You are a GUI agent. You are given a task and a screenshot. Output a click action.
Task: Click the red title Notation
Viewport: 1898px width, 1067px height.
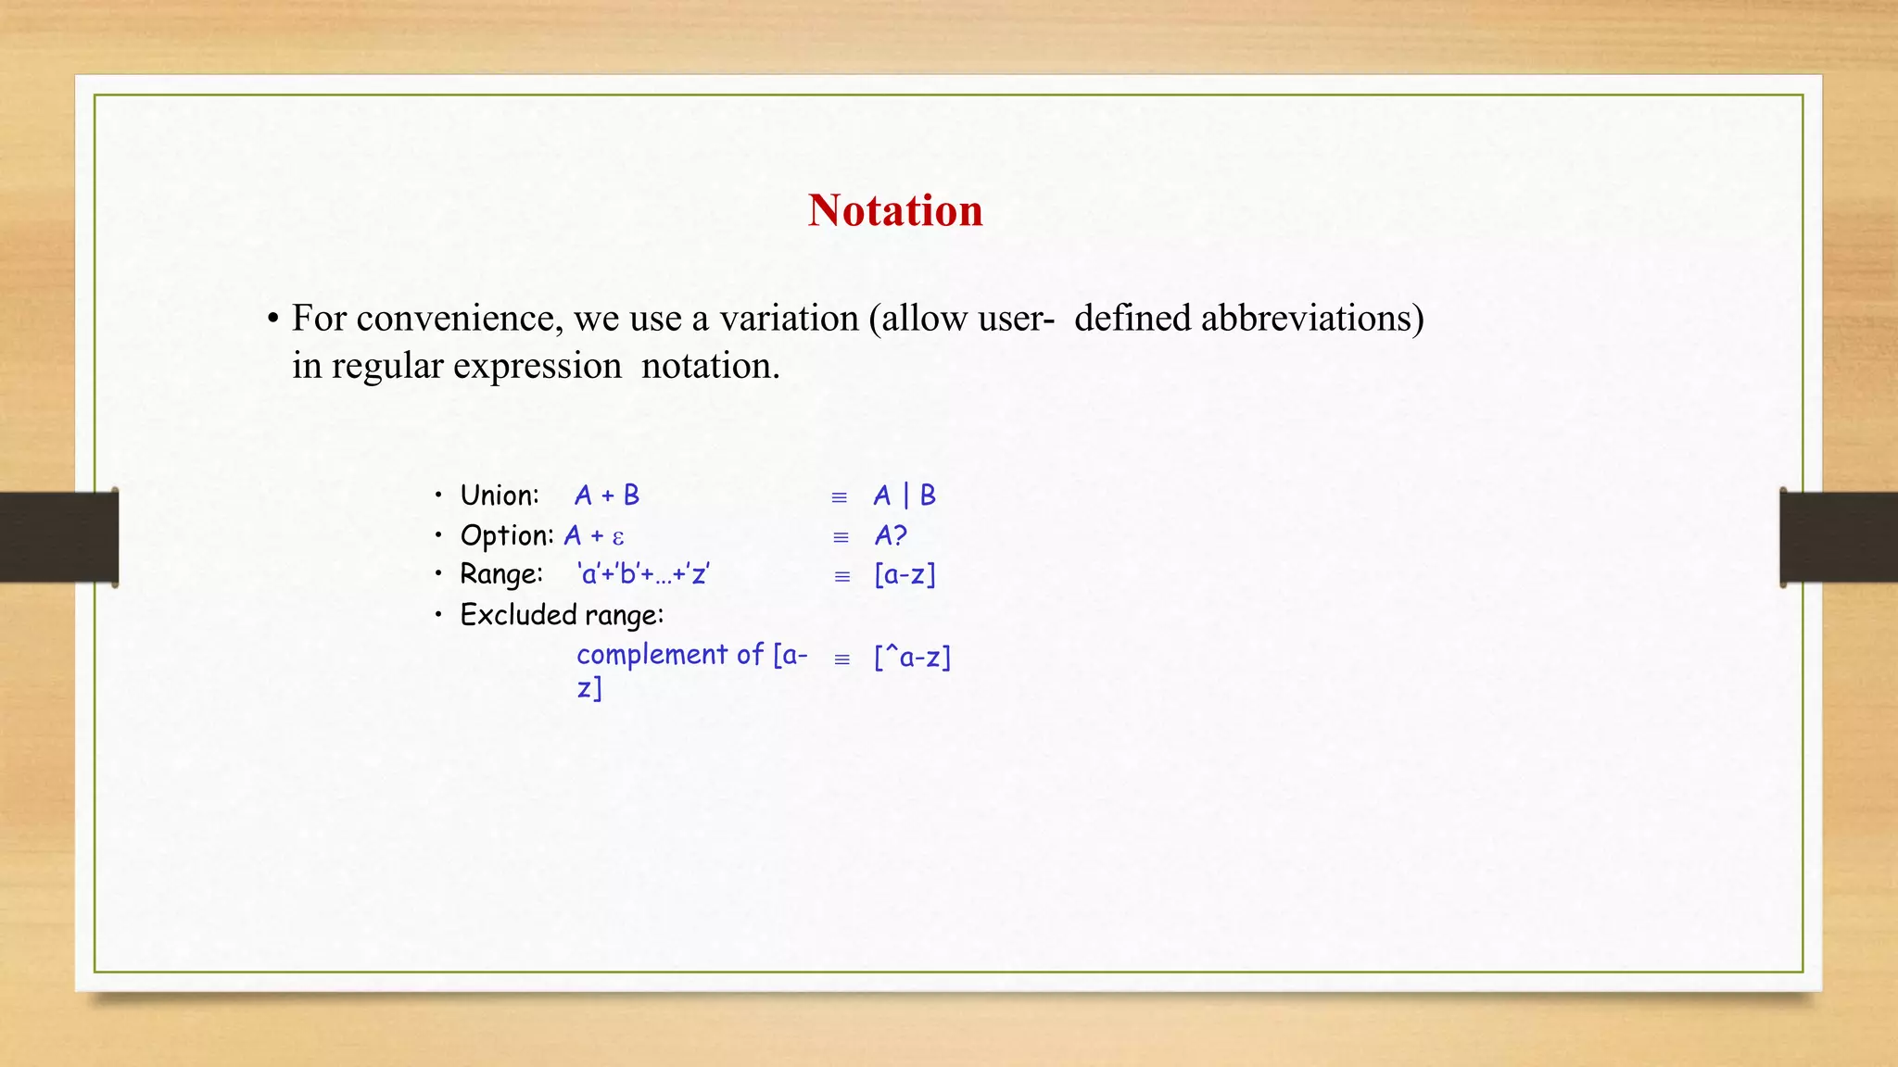pos(894,210)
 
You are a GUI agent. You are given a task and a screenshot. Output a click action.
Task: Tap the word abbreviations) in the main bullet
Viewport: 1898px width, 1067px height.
pos(1312,319)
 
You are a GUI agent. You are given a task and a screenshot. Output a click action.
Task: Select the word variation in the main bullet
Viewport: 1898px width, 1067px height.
pos(789,319)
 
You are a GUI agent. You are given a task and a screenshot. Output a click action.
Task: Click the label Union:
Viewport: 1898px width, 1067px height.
pos(500,496)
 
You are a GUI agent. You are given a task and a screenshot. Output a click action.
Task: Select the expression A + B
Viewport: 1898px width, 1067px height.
pos(607,496)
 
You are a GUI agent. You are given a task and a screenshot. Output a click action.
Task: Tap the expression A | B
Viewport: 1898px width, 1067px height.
pos(905,496)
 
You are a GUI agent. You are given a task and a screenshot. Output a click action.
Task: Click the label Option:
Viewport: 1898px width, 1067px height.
pos(507,535)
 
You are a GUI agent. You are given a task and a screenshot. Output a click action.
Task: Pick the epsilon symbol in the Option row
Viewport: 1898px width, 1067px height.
pos(618,537)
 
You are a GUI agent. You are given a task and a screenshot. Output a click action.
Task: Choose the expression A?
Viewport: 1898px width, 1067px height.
pos(891,535)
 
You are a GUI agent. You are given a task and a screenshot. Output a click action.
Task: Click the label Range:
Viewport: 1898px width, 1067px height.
pos(501,574)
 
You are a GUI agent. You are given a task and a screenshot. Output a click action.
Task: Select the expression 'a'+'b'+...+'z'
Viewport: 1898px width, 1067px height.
pos(643,574)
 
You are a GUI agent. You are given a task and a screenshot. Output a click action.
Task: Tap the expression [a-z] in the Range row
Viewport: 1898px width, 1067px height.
pos(905,575)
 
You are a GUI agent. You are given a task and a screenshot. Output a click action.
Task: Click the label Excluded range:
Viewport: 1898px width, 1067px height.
pos(562,615)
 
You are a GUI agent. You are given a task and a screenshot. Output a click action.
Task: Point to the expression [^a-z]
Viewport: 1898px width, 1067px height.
pos(912,658)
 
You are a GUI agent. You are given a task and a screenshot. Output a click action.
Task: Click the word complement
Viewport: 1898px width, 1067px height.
pos(652,655)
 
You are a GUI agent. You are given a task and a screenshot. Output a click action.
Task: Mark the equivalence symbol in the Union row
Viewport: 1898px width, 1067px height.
pos(840,498)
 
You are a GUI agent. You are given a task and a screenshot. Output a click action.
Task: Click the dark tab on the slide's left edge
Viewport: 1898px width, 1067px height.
pos(58,537)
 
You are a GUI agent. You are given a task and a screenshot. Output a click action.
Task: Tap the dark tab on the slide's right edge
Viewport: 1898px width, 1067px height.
pos(1839,537)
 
